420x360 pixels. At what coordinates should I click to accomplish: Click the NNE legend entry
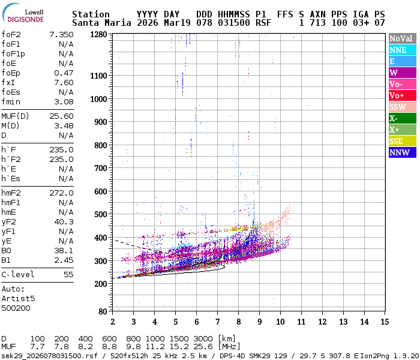click(x=400, y=50)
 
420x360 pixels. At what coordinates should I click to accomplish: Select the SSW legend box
click(x=400, y=107)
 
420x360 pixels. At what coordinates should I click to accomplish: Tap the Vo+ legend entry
click(x=400, y=95)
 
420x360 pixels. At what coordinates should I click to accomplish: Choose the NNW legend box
click(x=400, y=152)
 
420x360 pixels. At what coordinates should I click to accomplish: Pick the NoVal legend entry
click(x=400, y=38)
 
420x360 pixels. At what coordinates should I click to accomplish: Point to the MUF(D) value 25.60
click(x=62, y=116)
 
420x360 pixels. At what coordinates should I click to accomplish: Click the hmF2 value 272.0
click(x=62, y=193)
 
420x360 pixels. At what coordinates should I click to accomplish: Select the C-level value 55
click(x=68, y=274)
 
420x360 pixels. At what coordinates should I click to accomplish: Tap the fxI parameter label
click(x=8, y=82)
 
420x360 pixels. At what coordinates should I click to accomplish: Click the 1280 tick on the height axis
click(x=98, y=34)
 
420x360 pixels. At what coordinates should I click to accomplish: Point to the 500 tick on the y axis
click(x=101, y=214)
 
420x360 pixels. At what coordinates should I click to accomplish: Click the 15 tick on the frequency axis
click(x=383, y=322)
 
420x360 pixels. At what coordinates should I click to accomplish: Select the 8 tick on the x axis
click(x=238, y=322)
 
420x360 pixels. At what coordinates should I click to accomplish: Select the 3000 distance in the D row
click(x=205, y=339)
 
